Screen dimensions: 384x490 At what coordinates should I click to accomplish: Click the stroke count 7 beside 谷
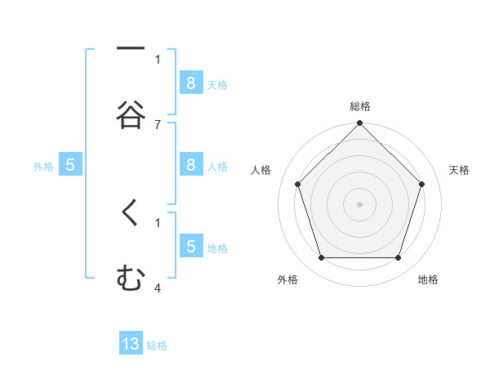tap(158, 124)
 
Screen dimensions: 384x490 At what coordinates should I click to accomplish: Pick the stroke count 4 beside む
tap(158, 288)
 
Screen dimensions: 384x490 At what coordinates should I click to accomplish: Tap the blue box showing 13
tap(131, 344)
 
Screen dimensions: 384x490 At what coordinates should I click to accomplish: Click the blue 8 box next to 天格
tap(190, 83)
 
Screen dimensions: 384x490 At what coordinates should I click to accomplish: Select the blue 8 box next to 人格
tap(190, 164)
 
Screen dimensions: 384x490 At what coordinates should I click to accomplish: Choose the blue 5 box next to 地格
tap(190, 246)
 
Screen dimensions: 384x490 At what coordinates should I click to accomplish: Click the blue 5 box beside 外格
tap(70, 164)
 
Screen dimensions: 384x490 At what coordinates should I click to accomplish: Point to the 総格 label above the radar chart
tap(359, 107)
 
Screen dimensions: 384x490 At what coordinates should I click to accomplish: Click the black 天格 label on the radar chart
tap(460, 170)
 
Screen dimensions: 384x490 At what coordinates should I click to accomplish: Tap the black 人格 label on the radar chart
tap(261, 170)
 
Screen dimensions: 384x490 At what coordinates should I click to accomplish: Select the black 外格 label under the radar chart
tap(287, 279)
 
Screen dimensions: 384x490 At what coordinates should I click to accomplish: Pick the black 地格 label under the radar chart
tap(428, 279)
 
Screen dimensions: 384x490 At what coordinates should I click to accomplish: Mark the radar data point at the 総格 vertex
tap(359, 124)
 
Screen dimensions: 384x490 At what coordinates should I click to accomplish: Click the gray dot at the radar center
tap(359, 204)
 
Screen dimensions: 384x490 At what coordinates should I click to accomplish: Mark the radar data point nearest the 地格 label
tap(398, 257)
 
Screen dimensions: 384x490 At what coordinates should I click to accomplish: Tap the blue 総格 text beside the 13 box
tap(157, 346)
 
